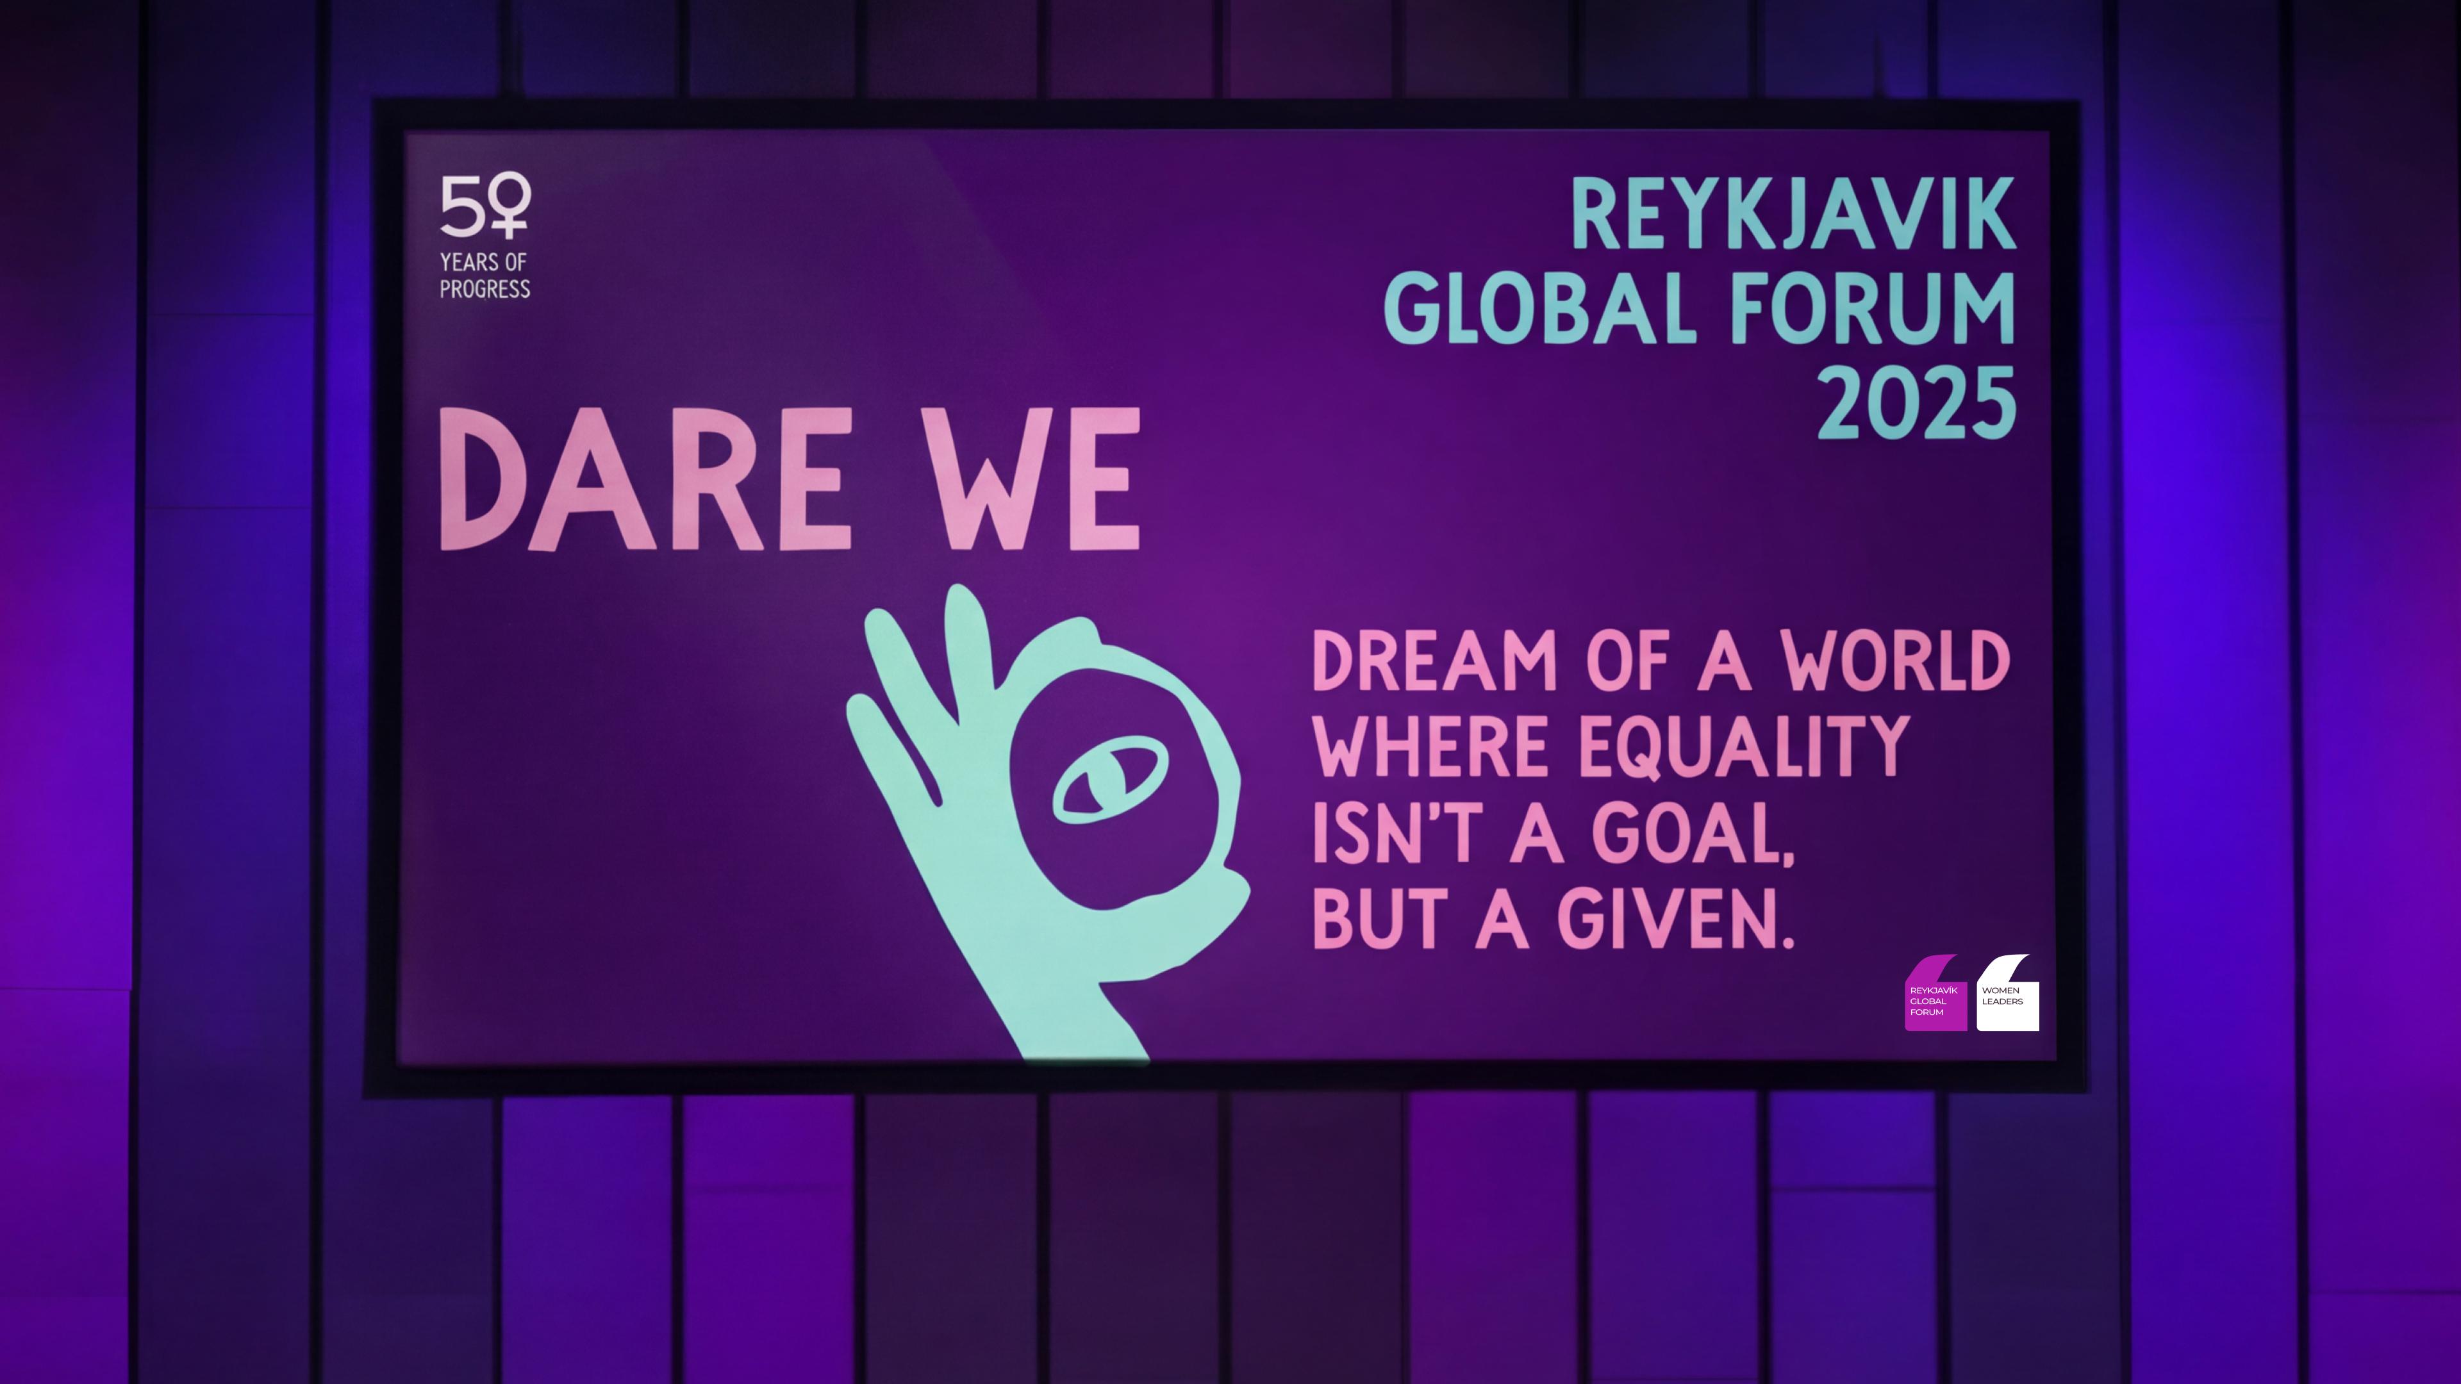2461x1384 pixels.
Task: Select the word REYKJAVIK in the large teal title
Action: coord(1793,215)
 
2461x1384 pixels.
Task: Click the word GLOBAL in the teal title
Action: coord(1539,308)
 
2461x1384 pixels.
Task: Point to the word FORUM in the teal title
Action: coord(1873,308)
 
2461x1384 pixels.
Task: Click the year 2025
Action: coord(1916,402)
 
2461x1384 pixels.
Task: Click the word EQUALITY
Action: coord(1743,747)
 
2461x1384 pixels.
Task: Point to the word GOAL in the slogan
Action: coord(1692,834)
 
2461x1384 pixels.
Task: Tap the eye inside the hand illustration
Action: coord(1110,784)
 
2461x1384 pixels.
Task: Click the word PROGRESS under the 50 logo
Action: coord(485,288)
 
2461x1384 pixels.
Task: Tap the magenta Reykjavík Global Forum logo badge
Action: coord(1935,996)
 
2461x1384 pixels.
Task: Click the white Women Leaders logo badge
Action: coord(2007,996)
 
